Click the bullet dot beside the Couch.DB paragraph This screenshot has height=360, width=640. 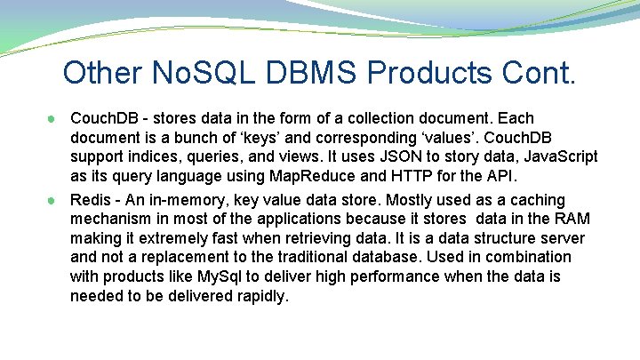[x=54, y=118]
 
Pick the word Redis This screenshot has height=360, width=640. [x=90, y=200]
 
